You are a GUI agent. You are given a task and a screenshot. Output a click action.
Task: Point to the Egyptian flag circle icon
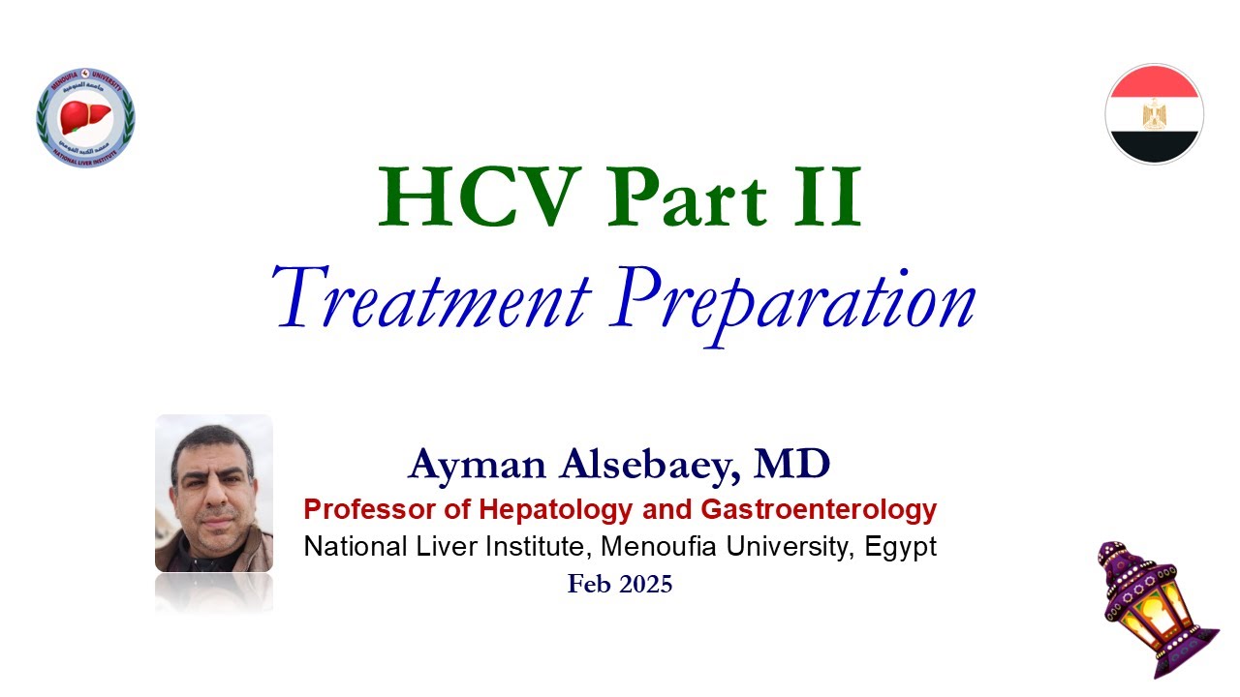(1154, 113)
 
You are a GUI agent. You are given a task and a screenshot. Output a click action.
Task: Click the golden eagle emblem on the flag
(1154, 115)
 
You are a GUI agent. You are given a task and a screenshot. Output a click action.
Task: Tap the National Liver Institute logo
(85, 117)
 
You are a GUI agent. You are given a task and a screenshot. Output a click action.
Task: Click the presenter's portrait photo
(214, 493)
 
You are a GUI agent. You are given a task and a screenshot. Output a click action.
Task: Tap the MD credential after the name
(792, 466)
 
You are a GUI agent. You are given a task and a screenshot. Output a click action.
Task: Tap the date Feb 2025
(620, 584)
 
